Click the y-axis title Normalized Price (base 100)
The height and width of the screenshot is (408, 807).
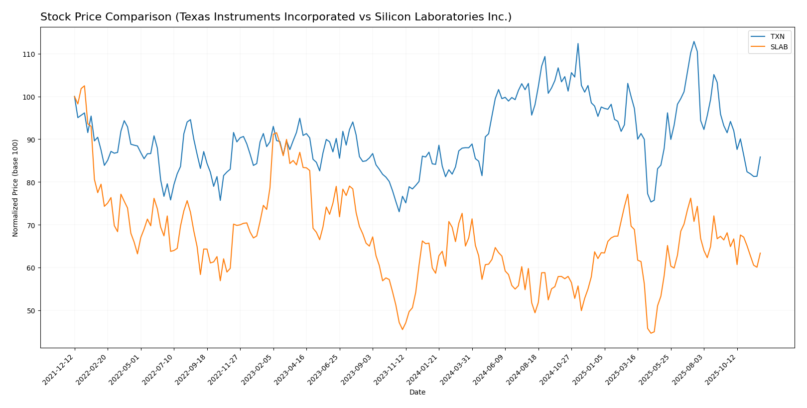click(15, 188)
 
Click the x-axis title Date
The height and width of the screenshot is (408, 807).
click(417, 393)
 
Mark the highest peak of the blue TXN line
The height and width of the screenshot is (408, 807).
click(693, 41)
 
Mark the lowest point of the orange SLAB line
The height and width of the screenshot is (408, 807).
click(651, 333)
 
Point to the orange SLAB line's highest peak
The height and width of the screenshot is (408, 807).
click(84, 86)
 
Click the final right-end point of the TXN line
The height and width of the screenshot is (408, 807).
click(760, 157)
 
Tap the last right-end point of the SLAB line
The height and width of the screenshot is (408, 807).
click(760, 253)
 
